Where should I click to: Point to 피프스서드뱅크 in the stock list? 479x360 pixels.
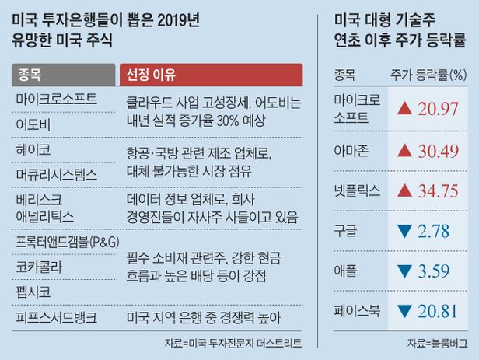coord(56,317)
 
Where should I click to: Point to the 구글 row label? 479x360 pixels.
coord(344,231)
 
